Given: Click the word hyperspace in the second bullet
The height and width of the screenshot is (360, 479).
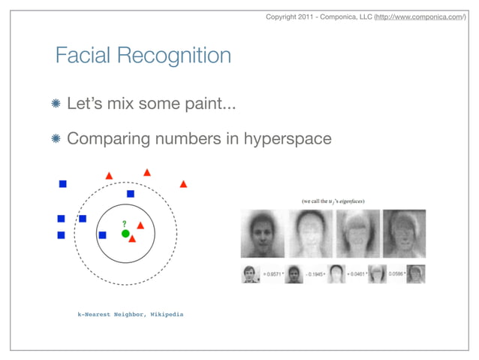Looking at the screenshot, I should pos(288,139).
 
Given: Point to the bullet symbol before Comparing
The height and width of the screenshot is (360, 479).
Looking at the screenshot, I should pos(57,139).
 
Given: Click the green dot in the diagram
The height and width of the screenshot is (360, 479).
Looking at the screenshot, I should pos(125,234).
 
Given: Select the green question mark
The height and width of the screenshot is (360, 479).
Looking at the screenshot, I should pos(125,223).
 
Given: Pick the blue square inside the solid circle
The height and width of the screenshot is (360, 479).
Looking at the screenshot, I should pos(103,235).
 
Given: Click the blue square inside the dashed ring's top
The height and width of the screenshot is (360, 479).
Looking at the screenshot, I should pos(130,194).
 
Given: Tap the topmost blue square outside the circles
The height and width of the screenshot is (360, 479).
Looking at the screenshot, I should pos(63,183).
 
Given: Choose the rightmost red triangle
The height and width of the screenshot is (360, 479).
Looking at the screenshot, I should pos(183,183).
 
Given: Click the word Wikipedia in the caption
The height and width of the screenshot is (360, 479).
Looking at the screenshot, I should pos(165,314).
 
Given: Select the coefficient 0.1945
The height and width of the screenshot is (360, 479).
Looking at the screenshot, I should pos(315,274).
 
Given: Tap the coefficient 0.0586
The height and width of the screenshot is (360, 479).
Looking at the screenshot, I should pos(399,274).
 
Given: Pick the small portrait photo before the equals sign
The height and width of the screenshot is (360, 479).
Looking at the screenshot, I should pos(249,274).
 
